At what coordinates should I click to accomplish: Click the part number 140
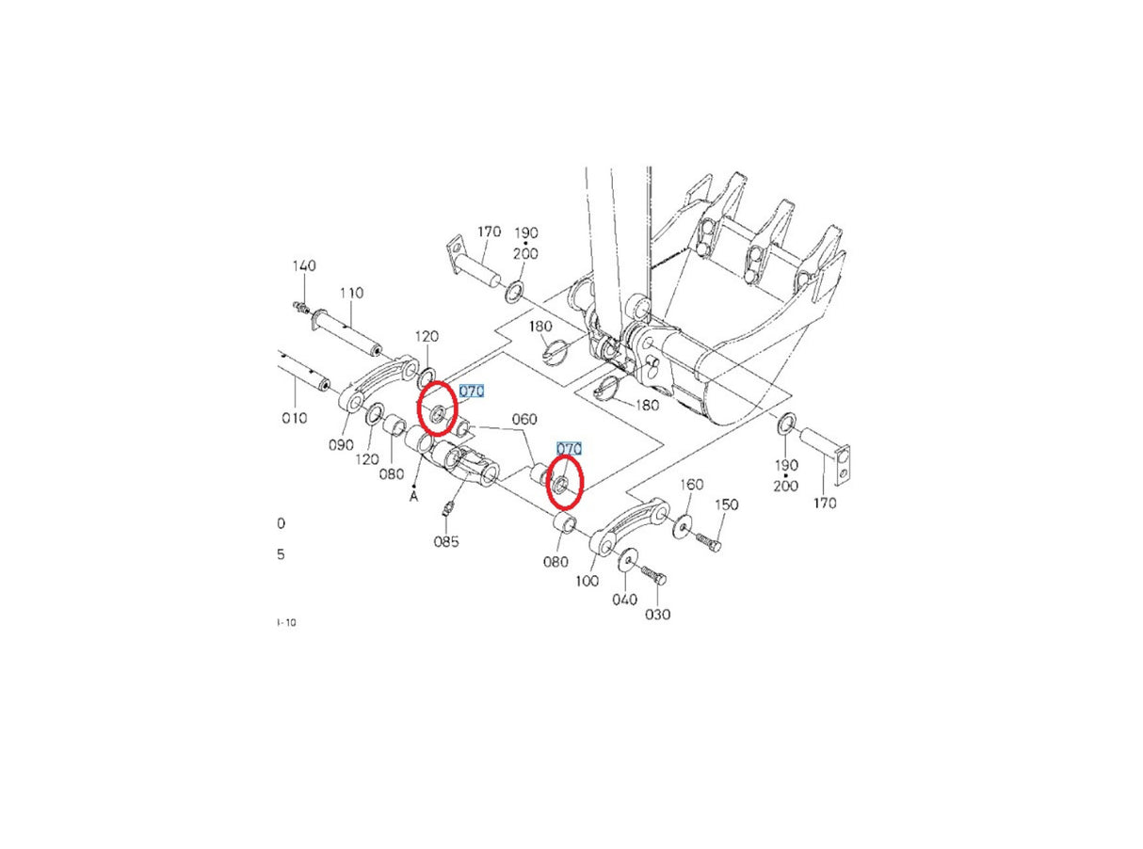tap(304, 267)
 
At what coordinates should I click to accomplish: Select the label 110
tap(350, 294)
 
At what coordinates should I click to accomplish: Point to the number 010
tap(294, 418)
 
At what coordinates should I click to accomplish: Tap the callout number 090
tap(341, 444)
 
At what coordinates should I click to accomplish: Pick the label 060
tap(524, 419)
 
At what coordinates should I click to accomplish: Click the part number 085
tap(446, 541)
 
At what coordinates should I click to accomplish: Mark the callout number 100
tap(588, 581)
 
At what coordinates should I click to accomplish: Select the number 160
tap(692, 485)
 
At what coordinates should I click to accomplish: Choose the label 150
tap(726, 505)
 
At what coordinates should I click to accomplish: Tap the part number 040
tap(624, 599)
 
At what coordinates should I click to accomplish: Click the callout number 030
tap(658, 615)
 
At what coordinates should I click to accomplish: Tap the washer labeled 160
tap(681, 525)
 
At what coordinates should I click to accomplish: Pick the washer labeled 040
tap(625, 561)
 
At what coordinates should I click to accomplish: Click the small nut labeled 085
tap(449, 510)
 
